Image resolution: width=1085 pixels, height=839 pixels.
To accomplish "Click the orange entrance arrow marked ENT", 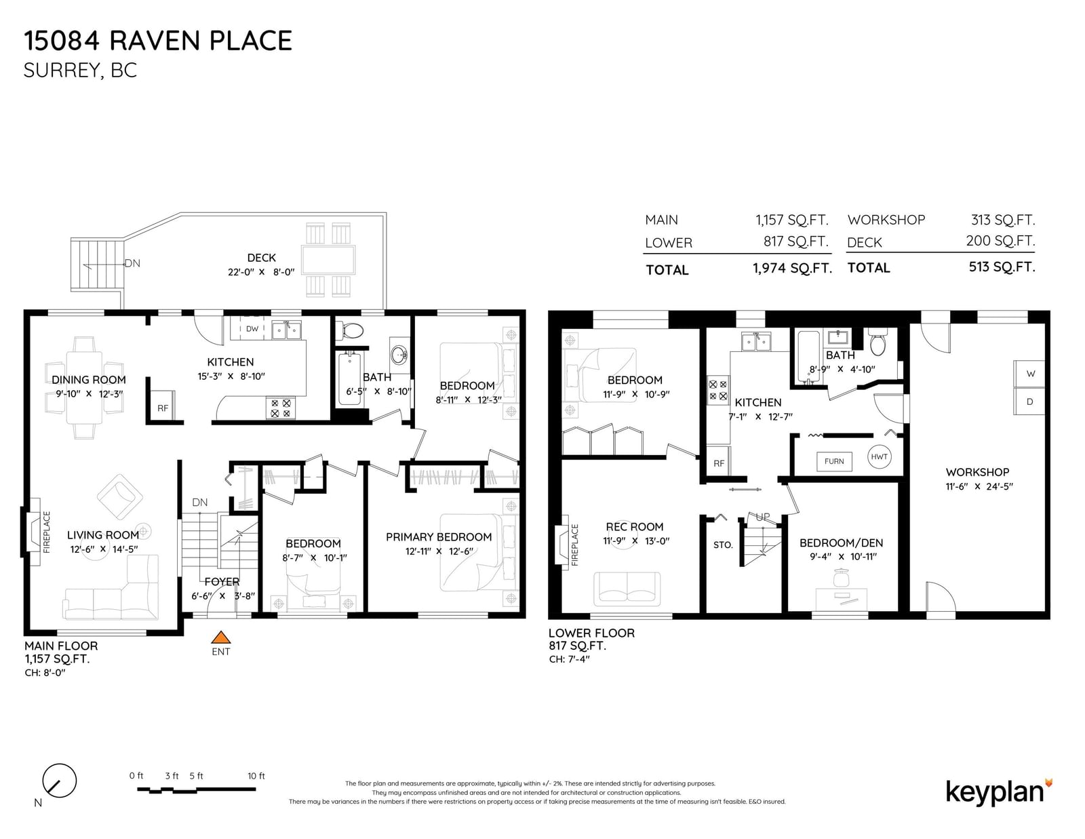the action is pyautogui.click(x=220, y=638).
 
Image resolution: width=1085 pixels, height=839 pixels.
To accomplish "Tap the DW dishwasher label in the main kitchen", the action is pyautogui.click(x=252, y=328).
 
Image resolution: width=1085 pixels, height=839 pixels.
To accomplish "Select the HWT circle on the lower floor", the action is pyautogui.click(x=880, y=456).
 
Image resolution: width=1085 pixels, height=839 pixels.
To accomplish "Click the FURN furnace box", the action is pyautogui.click(x=834, y=461).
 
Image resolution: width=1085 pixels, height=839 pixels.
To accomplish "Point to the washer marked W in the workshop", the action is pyautogui.click(x=1029, y=374).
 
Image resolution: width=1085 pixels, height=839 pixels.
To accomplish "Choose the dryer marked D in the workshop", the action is pyautogui.click(x=1029, y=401).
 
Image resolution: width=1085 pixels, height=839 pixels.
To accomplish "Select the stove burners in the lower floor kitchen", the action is pyautogui.click(x=718, y=390).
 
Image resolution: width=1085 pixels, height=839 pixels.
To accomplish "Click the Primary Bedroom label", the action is pyautogui.click(x=438, y=537).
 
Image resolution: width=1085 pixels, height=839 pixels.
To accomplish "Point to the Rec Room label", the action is pyautogui.click(x=635, y=526).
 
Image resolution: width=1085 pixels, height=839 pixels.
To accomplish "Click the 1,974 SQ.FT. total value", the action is pyautogui.click(x=793, y=268).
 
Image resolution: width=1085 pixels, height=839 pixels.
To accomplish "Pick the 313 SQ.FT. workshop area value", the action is pyautogui.click(x=1003, y=220).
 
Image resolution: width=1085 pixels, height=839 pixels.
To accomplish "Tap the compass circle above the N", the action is pyautogui.click(x=60, y=781).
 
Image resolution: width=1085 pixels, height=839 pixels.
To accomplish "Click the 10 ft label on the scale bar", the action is pyautogui.click(x=256, y=775).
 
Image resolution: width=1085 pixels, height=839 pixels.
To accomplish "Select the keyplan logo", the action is pyautogui.click(x=997, y=792).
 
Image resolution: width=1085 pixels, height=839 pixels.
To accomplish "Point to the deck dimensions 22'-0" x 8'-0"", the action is pyautogui.click(x=261, y=272).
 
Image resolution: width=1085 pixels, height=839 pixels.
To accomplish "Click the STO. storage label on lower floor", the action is pyautogui.click(x=723, y=545).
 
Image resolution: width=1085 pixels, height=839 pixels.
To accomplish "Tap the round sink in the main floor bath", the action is pyautogui.click(x=399, y=355).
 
